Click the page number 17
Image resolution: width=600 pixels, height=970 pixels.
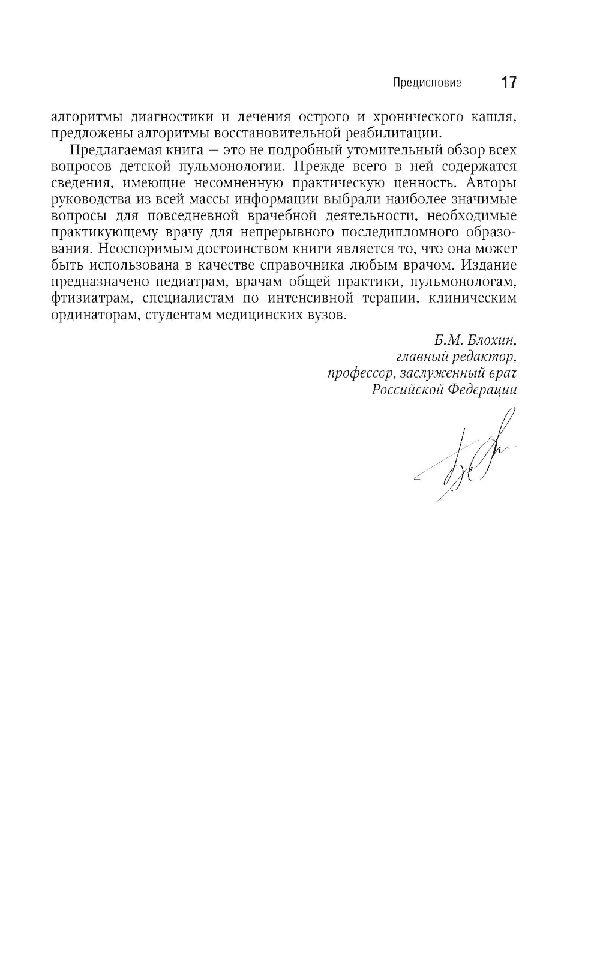[508, 82]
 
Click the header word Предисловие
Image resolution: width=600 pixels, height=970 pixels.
[427, 83]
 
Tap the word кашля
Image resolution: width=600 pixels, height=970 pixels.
[494, 116]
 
